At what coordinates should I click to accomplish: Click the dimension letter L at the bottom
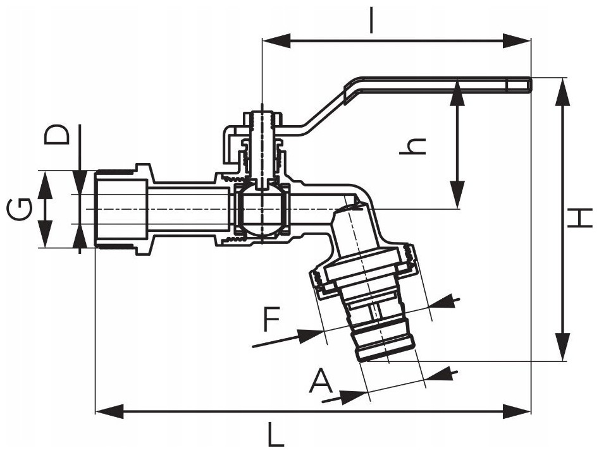click(x=276, y=434)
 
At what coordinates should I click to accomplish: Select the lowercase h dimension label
click(x=412, y=147)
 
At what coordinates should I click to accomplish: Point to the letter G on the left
click(x=19, y=210)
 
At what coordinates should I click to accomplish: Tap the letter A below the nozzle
click(x=321, y=380)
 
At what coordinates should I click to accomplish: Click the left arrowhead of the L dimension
click(x=109, y=411)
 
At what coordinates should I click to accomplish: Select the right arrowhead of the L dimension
click(x=517, y=411)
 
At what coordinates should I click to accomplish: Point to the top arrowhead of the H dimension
click(x=562, y=93)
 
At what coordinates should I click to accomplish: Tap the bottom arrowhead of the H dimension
click(x=562, y=346)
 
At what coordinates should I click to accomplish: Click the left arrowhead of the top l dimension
click(x=276, y=40)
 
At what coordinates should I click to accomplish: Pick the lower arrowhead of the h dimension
click(x=457, y=195)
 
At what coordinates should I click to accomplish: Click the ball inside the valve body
click(x=262, y=209)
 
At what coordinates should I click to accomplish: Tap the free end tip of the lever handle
click(x=529, y=84)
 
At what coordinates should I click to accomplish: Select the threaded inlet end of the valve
click(x=120, y=210)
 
